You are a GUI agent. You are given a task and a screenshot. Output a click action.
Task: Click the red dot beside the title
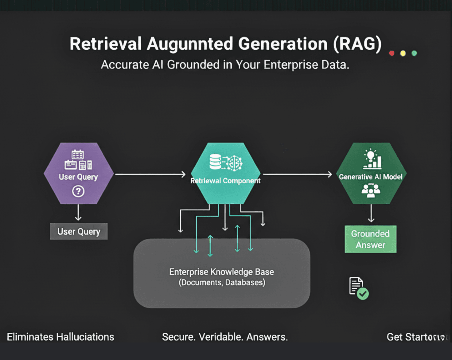point(392,53)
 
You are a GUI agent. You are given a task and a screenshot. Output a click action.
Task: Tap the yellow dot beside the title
point(403,53)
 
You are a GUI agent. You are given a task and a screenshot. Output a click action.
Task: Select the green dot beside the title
point(414,53)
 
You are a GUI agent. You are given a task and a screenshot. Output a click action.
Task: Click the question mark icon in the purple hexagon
point(78,191)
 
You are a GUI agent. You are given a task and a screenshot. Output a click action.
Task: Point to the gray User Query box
point(79,232)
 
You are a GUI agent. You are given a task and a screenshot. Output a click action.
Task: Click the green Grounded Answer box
point(371,239)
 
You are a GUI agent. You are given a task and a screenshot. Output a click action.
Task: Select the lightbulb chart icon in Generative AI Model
point(372,159)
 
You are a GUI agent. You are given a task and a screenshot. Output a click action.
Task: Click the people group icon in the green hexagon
point(371,190)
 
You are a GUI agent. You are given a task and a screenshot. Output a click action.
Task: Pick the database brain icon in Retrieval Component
point(226,162)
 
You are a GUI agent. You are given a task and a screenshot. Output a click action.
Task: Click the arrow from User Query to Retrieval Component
point(150,174)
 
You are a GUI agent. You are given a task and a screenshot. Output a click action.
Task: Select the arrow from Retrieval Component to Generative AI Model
point(297,174)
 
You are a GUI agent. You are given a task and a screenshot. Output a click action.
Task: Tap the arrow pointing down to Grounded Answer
point(371,213)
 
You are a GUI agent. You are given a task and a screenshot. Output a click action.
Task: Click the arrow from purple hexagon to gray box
point(78,213)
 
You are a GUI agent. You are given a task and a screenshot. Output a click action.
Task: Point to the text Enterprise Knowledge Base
point(221,272)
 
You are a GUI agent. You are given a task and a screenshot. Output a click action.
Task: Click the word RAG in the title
point(357,44)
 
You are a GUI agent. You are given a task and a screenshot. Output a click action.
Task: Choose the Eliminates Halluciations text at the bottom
point(60,337)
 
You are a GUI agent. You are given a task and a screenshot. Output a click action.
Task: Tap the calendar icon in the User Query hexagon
point(77,155)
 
